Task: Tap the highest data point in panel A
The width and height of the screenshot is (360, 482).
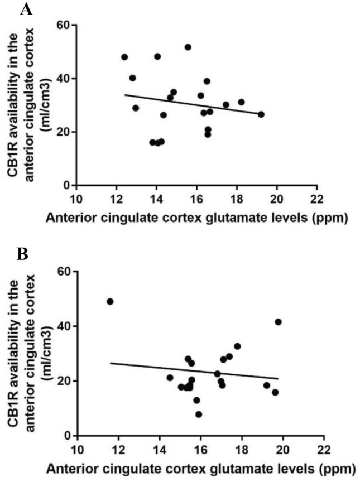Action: [x=188, y=47]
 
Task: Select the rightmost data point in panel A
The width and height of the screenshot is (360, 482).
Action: [x=261, y=114]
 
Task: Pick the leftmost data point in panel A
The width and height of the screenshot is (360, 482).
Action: [x=124, y=57]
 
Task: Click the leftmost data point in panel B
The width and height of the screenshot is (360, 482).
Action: [x=110, y=301]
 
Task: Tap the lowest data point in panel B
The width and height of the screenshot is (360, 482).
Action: [x=199, y=414]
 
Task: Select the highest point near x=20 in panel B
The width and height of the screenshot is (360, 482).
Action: [x=278, y=322]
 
